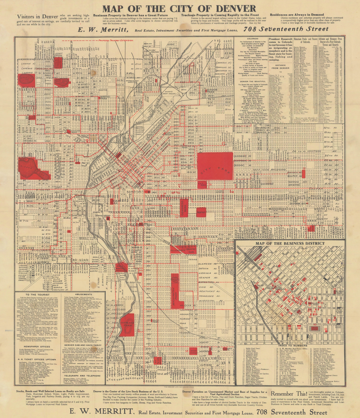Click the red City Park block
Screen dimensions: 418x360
click(215, 166)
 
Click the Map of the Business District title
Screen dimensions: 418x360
click(290, 243)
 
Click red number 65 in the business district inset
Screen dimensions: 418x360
click(326, 329)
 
